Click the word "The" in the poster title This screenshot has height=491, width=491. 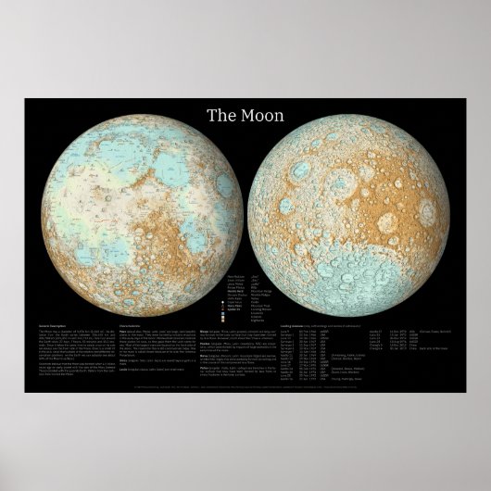coord(219,117)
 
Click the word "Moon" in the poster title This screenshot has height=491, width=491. coord(258,117)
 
